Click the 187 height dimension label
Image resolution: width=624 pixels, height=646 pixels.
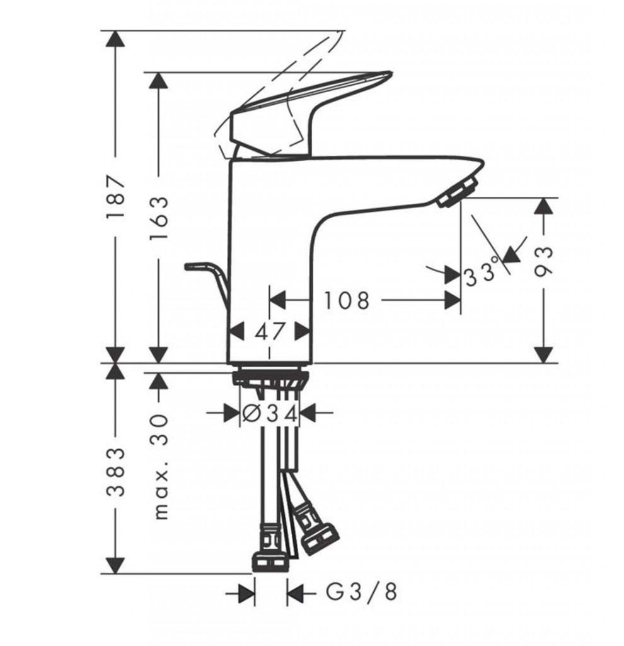[115, 197]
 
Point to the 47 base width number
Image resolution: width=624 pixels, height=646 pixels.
[270, 330]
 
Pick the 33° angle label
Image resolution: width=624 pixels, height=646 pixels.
[482, 276]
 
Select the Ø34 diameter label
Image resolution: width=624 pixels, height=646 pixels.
[270, 413]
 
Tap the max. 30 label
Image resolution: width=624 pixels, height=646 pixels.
[160, 467]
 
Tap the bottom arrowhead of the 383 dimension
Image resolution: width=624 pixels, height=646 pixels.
[115, 564]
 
